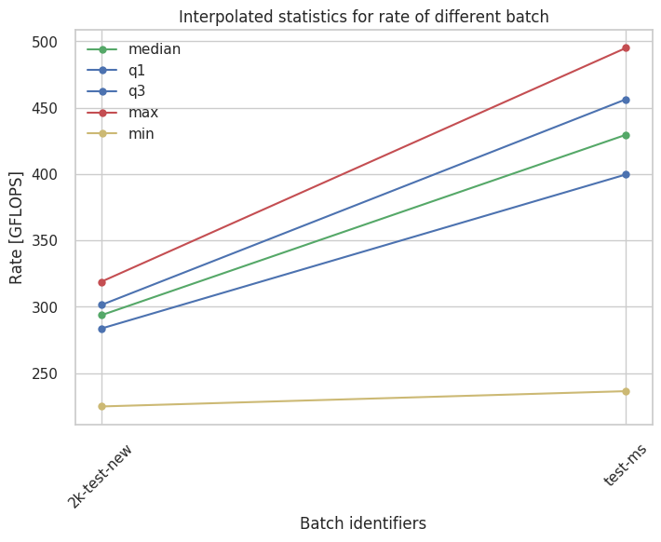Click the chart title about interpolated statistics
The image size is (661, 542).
click(363, 17)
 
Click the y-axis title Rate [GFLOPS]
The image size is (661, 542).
click(17, 228)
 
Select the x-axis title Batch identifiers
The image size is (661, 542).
click(363, 523)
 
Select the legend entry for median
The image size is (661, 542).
click(155, 48)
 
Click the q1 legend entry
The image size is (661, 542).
click(138, 70)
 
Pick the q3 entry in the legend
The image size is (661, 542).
click(138, 91)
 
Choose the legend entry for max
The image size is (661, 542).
click(143, 113)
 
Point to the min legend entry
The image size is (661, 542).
click(142, 134)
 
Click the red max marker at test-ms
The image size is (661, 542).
click(626, 47)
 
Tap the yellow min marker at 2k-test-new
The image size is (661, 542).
click(101, 406)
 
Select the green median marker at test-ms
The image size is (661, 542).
click(626, 135)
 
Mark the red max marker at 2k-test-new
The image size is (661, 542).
click(101, 282)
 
